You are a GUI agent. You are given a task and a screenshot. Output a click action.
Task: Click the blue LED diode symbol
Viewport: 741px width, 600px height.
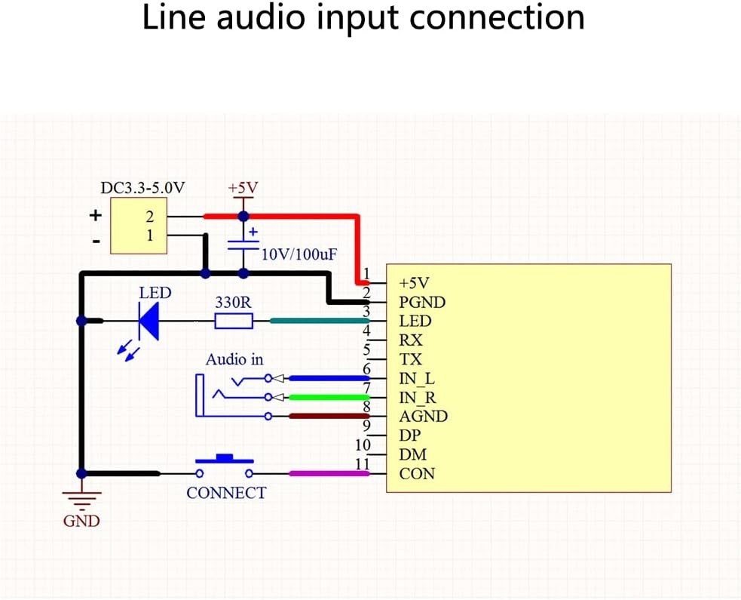click(x=148, y=322)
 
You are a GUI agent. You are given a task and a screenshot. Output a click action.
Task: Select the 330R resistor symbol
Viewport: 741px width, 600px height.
click(x=233, y=322)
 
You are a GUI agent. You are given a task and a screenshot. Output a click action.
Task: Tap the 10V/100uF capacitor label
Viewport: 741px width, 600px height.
click(x=299, y=254)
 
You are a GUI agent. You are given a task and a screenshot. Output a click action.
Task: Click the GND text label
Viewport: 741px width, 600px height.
click(x=81, y=521)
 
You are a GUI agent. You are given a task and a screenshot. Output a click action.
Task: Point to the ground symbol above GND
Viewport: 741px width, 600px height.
click(x=83, y=497)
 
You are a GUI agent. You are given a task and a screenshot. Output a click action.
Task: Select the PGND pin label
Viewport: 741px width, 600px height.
click(x=422, y=303)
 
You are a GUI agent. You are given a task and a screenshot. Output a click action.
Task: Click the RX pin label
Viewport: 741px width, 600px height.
click(x=411, y=340)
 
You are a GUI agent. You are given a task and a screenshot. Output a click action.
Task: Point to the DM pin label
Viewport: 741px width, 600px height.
click(x=412, y=454)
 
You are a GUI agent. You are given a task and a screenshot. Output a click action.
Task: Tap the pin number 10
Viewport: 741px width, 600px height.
click(x=363, y=445)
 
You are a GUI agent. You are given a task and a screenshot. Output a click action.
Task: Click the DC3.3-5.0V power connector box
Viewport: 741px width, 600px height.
click(x=137, y=226)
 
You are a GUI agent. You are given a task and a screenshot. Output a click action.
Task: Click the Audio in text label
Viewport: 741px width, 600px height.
click(x=234, y=360)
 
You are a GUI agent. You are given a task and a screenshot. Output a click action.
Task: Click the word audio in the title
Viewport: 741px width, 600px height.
click(x=265, y=18)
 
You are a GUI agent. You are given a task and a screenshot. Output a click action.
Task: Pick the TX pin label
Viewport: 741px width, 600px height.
click(x=411, y=359)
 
